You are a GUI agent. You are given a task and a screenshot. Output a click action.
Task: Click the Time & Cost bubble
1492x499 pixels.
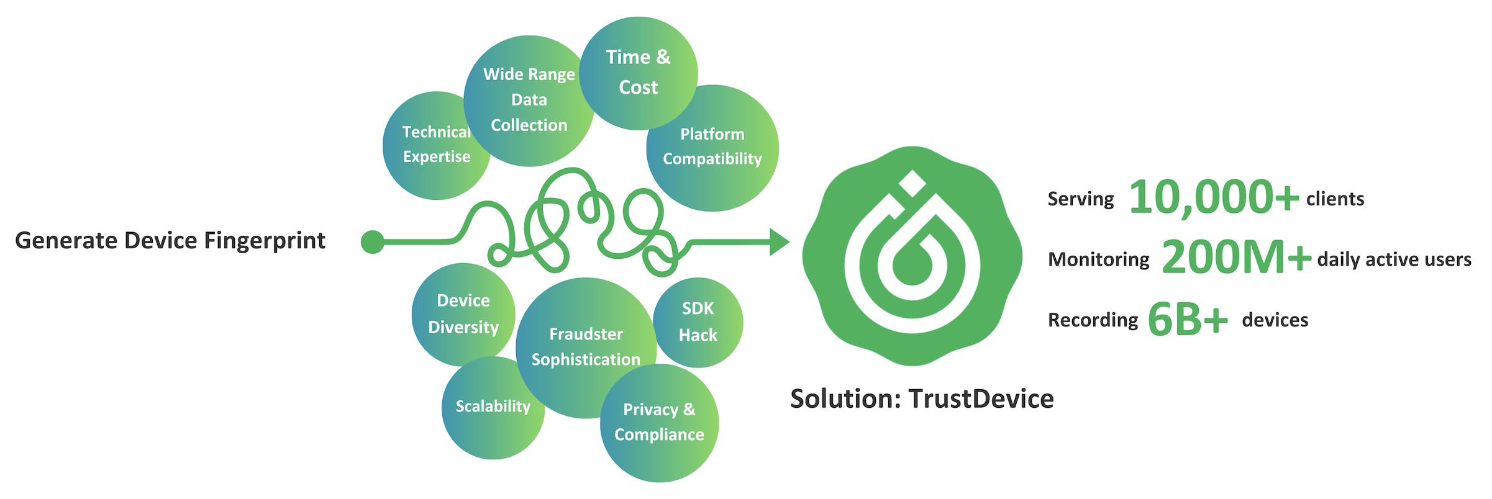coord(639,73)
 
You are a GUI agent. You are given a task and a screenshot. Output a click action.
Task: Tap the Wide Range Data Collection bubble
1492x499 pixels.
coord(529,100)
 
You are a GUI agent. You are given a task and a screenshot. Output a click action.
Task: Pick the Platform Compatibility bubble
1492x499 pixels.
coord(712,147)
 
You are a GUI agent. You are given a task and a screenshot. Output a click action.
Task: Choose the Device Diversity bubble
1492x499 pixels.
coord(463,314)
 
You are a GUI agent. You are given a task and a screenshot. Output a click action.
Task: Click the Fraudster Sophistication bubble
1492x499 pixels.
coord(586,347)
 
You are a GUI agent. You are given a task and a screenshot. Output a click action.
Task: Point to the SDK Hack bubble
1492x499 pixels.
coord(698,322)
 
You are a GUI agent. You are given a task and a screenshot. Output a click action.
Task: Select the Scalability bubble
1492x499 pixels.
coord(493,407)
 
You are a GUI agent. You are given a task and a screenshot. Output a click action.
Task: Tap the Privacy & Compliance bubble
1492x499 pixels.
coord(659,423)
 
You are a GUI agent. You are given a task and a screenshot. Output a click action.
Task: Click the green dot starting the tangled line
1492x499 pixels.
coord(373,242)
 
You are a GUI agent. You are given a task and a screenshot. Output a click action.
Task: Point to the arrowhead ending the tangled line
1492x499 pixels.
coord(779,242)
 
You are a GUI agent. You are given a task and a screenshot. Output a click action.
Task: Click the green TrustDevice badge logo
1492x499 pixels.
coord(912,256)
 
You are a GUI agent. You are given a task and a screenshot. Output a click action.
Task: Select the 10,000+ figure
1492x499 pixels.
coord(1213,198)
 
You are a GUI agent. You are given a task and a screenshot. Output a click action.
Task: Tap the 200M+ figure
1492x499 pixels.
coord(1235,258)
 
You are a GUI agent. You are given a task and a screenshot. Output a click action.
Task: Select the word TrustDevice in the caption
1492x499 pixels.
coord(981,399)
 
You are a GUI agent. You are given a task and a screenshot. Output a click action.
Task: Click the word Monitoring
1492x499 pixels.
coord(1098,259)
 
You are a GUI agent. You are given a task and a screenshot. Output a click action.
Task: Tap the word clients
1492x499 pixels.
coord(1335,199)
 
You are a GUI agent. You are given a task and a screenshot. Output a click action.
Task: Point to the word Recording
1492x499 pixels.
coord(1093,320)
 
